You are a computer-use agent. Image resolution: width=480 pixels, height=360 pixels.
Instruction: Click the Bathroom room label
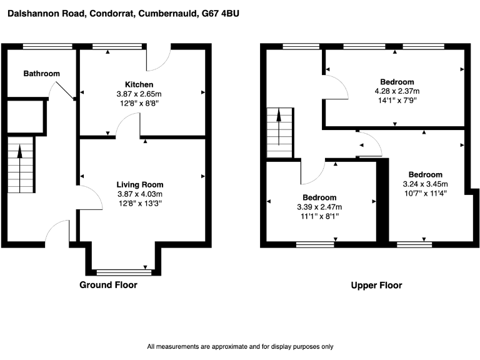tap(42, 74)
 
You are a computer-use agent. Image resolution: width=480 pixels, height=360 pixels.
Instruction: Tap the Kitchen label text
tap(139, 85)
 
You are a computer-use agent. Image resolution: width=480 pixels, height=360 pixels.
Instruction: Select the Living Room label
tap(140, 185)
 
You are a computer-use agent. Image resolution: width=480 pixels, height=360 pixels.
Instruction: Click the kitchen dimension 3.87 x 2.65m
tap(139, 94)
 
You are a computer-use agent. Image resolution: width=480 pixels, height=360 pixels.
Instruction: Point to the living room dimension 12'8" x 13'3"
tap(140, 203)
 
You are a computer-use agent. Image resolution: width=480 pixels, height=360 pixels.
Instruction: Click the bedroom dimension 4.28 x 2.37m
tap(397, 91)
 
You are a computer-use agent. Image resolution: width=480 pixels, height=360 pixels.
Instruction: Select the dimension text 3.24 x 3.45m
tap(425, 184)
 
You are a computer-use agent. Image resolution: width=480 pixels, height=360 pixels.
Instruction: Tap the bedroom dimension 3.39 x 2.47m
tap(319, 207)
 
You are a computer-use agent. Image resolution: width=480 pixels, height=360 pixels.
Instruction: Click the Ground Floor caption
tap(108, 285)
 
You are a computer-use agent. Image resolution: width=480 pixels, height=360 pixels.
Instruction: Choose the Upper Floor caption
tap(376, 285)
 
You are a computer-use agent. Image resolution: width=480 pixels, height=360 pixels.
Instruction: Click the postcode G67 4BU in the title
tap(221, 14)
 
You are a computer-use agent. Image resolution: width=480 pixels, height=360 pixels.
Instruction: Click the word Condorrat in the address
tap(112, 14)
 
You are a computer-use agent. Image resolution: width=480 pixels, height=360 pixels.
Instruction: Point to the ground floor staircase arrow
tap(20, 169)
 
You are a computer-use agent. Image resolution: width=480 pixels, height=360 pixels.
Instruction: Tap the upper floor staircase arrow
tap(279, 127)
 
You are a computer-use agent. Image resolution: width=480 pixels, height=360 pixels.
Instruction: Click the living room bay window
tap(124, 272)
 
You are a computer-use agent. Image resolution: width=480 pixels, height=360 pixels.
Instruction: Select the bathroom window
tap(47, 46)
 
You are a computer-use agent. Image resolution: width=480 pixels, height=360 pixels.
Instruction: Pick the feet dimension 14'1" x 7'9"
tap(397, 101)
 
